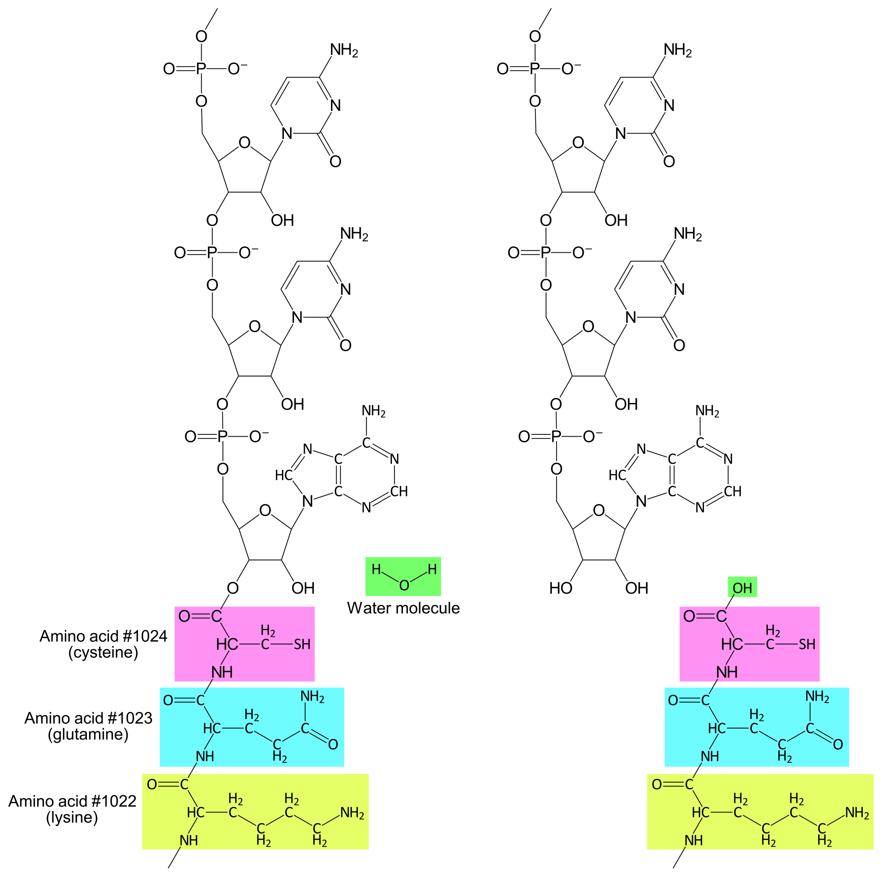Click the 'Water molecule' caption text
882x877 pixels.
click(x=403, y=608)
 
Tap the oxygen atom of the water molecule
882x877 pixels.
click(x=404, y=585)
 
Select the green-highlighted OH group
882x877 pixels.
click(x=742, y=588)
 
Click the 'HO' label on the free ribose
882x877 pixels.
click(x=561, y=588)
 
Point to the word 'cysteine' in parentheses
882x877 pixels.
click(x=103, y=652)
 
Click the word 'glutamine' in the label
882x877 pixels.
click(x=88, y=734)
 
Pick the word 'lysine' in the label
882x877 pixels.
click(x=72, y=817)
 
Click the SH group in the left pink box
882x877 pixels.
click(x=302, y=644)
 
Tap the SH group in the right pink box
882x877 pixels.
click(x=807, y=644)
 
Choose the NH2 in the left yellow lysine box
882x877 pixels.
click(x=352, y=813)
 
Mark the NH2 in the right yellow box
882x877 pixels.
click(x=857, y=813)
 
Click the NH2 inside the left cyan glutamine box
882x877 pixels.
click(x=312, y=697)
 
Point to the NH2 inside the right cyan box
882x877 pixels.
click(x=817, y=697)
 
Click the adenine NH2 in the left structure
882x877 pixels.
click(x=373, y=411)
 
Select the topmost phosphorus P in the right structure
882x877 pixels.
click(x=535, y=69)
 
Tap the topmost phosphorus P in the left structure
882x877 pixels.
click(x=201, y=69)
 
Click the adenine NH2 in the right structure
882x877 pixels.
click(x=707, y=411)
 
